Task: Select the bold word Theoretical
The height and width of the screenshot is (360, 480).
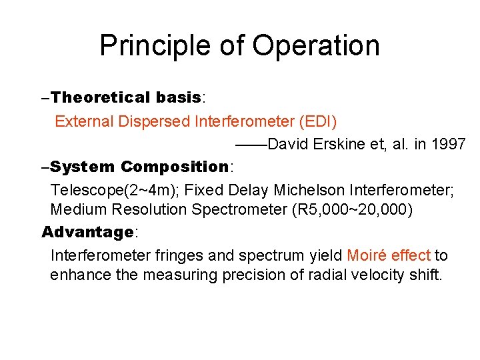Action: click(101, 97)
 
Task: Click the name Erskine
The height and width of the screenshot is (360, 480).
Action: click(340, 144)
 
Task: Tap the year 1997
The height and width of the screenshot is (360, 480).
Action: click(447, 144)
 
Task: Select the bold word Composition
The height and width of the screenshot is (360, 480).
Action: click(175, 167)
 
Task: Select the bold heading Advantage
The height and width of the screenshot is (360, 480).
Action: click(88, 232)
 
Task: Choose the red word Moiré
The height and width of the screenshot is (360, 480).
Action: click(369, 255)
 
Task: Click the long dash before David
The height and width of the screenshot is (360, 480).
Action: click(251, 144)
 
